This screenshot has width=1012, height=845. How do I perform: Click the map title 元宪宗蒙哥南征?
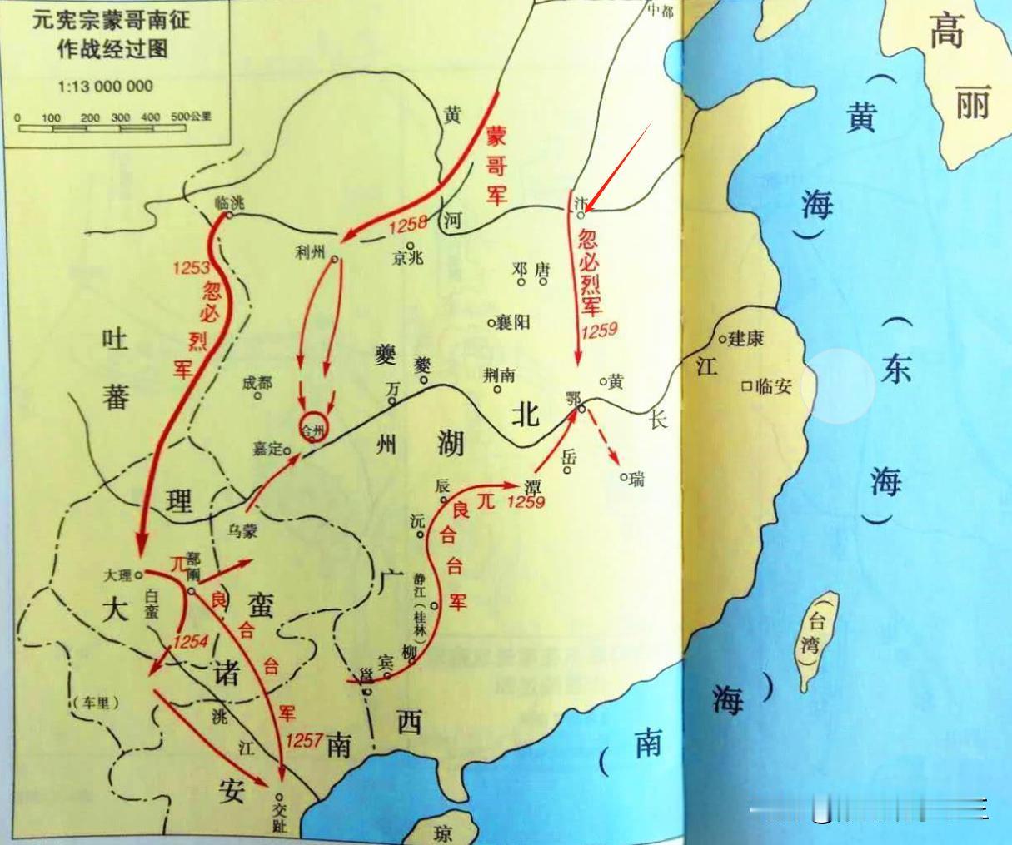pyautogui.click(x=110, y=20)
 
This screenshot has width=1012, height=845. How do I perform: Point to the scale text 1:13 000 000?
pyautogui.click(x=106, y=86)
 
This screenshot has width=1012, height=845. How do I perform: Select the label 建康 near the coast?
pyautogui.click(x=746, y=339)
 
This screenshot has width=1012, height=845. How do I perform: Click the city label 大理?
pyautogui.click(x=118, y=574)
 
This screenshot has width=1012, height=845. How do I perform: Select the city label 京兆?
pyautogui.click(x=407, y=257)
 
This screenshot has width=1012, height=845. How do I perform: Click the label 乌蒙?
pyautogui.click(x=243, y=529)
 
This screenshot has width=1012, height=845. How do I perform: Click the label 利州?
pyautogui.click(x=309, y=251)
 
